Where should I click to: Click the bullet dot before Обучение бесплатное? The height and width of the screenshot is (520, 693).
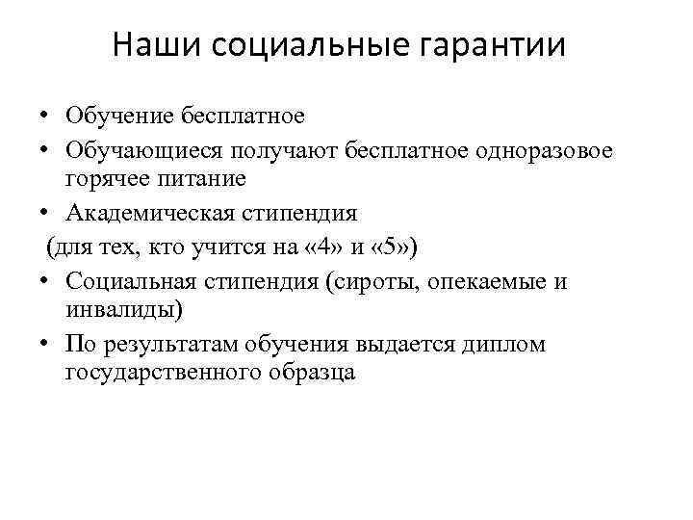pyautogui.click(x=46, y=117)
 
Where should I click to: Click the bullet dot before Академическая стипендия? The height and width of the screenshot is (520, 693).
pyautogui.click(x=46, y=213)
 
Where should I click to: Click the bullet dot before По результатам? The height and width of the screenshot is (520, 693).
pyautogui.click(x=46, y=345)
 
